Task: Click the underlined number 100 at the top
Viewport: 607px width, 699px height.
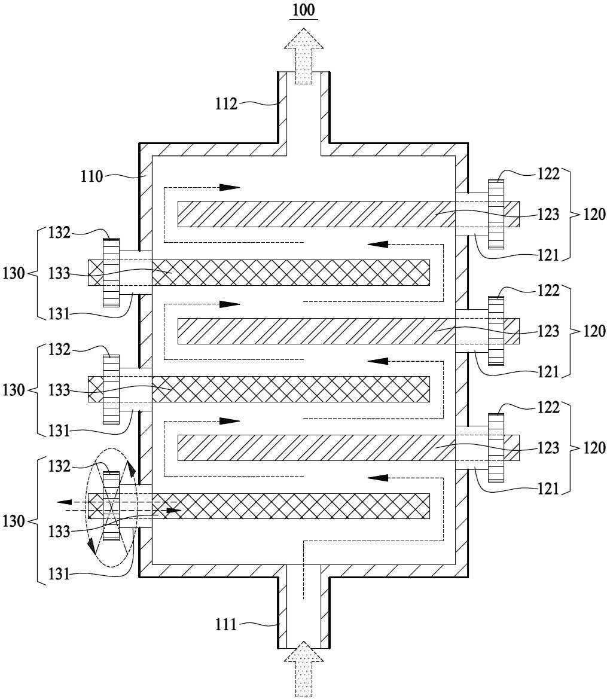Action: tap(304, 10)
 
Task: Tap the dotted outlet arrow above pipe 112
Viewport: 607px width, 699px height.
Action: tap(303, 56)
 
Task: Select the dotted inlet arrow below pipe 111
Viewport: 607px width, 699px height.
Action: tap(303, 669)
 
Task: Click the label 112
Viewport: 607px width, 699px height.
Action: tap(226, 104)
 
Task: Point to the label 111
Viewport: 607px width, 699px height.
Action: tap(225, 624)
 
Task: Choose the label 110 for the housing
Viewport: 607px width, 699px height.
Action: tap(92, 176)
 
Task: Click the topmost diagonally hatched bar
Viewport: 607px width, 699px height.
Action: tap(348, 214)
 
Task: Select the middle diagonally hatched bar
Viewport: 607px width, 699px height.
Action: tap(348, 331)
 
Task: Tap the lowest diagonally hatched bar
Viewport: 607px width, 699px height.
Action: tap(348, 448)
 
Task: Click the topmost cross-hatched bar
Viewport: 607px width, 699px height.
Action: tap(259, 273)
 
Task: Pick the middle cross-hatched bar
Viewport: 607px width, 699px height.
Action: tap(259, 389)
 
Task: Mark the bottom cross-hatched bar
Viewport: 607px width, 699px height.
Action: tap(259, 506)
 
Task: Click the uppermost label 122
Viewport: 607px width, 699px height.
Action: tap(548, 173)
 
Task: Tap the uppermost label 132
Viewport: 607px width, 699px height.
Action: tap(59, 233)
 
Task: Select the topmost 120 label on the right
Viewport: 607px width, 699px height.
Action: tap(594, 215)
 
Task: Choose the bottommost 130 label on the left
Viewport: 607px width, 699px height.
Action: tap(13, 521)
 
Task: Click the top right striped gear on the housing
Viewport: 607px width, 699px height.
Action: tap(496, 214)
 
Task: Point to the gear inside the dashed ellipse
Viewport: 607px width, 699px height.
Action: tap(111, 506)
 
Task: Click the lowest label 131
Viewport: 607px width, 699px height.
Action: tap(59, 574)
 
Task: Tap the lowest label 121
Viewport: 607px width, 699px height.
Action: tap(548, 489)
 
